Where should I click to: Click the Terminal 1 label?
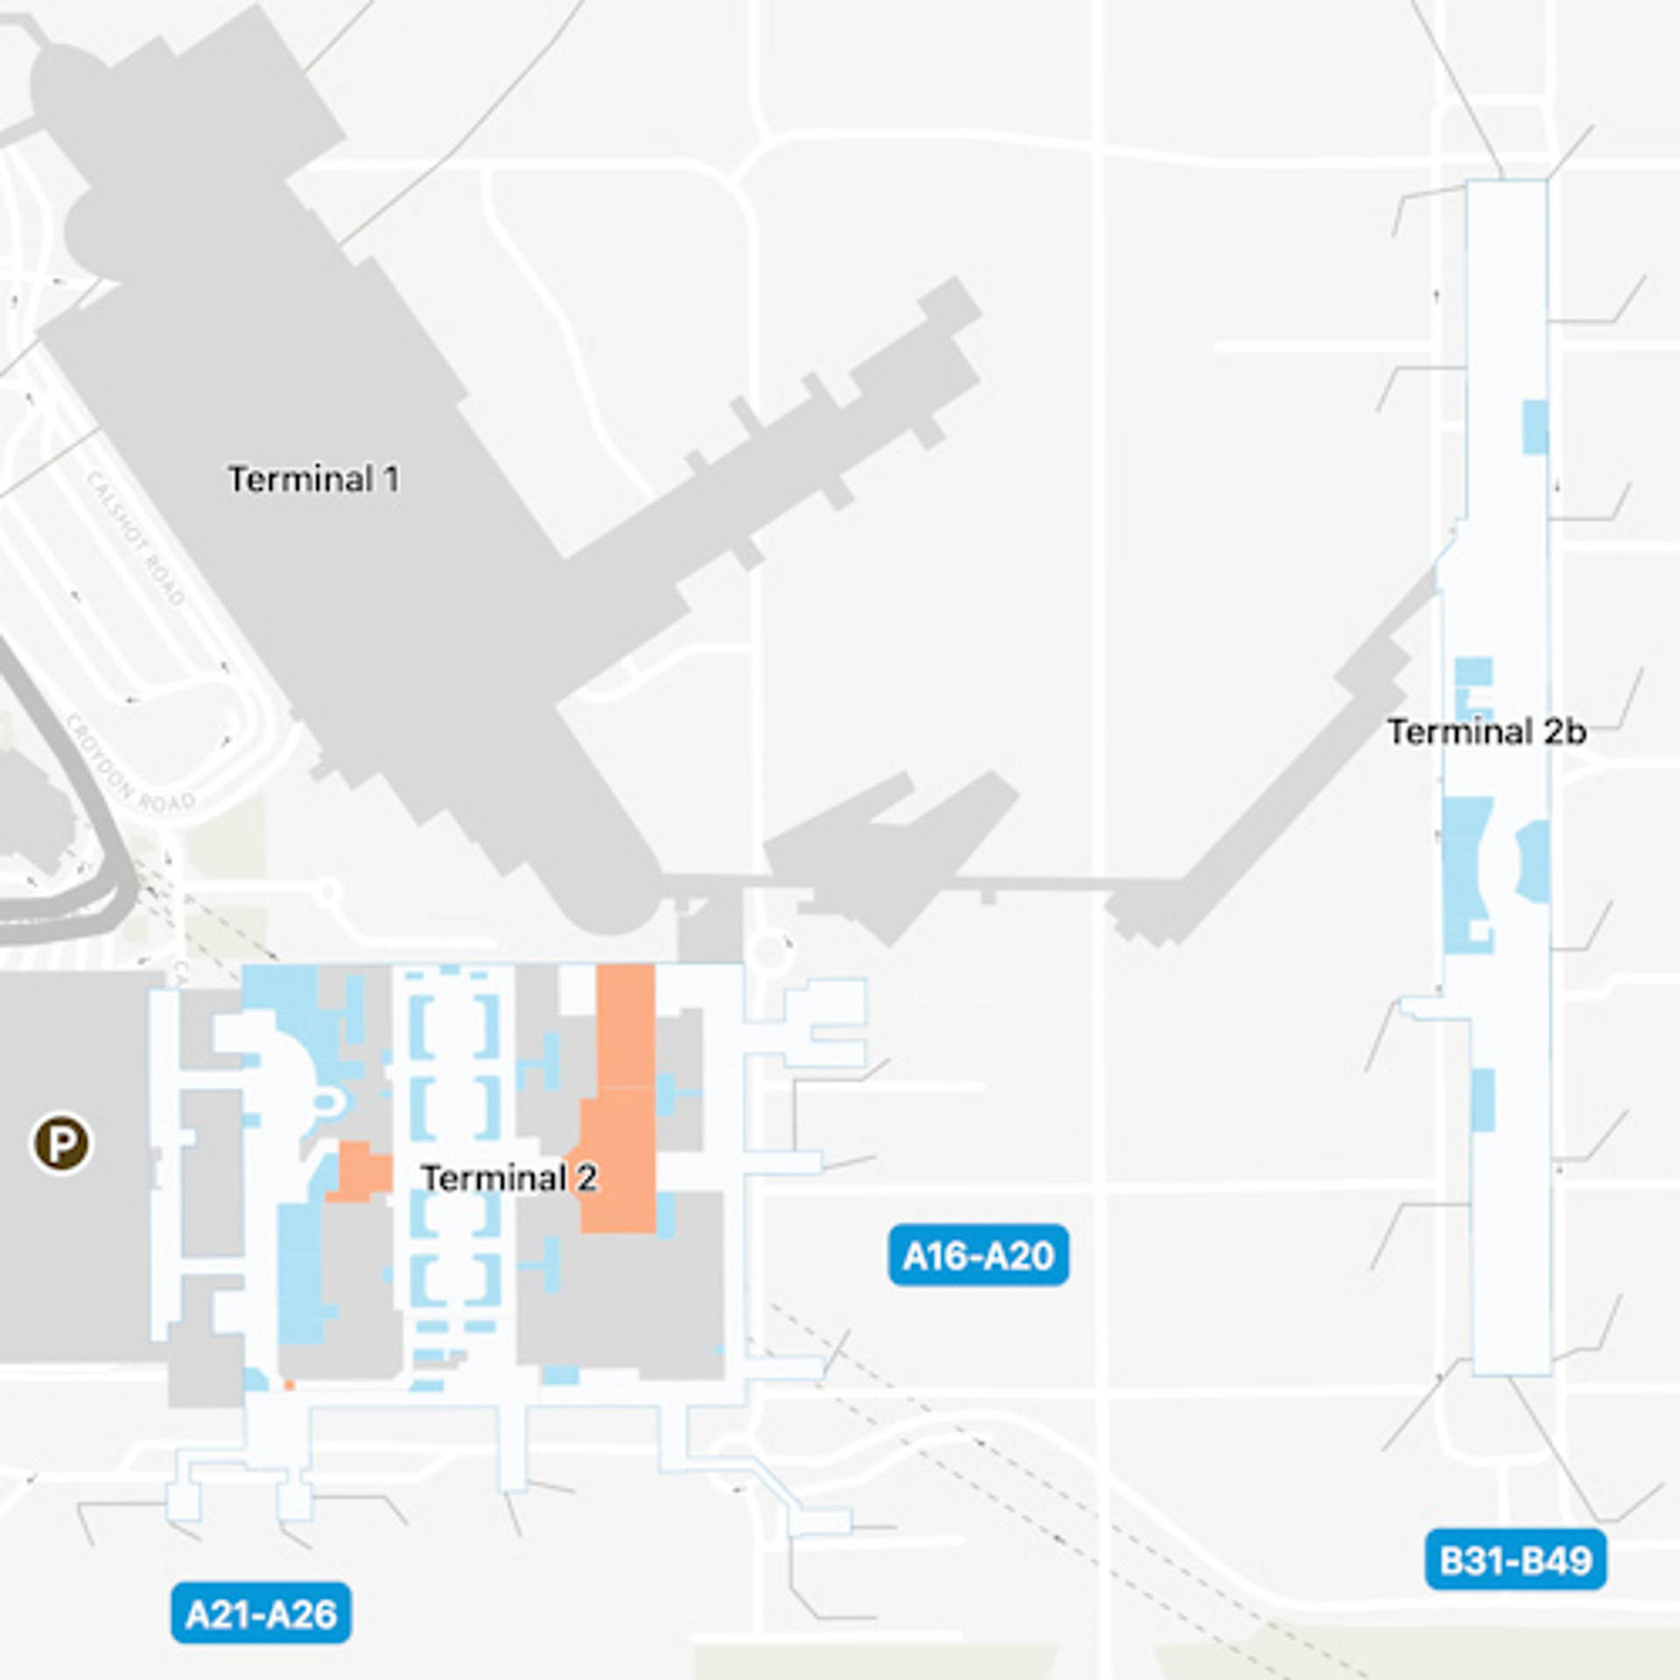(x=313, y=479)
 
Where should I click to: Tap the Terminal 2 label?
(x=509, y=1178)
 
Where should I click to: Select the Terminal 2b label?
(x=1487, y=731)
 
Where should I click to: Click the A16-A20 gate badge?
(x=978, y=1256)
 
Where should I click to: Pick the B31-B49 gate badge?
(x=1515, y=1559)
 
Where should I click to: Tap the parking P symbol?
(x=60, y=1143)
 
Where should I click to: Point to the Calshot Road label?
(x=136, y=538)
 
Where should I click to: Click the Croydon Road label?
(x=131, y=763)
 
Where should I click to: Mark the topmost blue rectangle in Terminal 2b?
(x=1535, y=427)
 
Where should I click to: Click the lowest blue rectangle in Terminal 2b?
(x=1482, y=1100)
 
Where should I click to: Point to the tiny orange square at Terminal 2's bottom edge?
(x=290, y=1386)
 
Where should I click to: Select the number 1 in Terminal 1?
(x=390, y=479)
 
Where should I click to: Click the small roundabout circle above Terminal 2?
(x=769, y=953)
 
